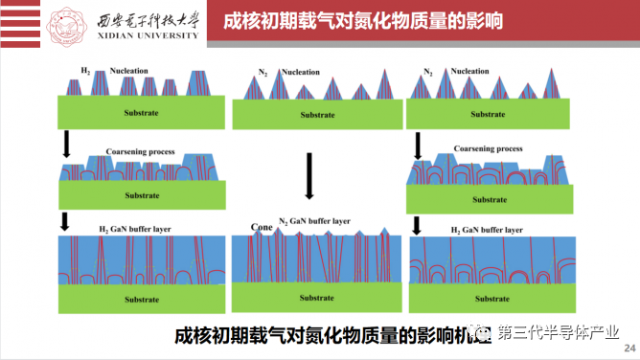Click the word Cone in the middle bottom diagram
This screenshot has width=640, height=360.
pyautogui.click(x=261, y=227)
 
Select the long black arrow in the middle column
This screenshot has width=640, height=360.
pyautogui.click(x=308, y=172)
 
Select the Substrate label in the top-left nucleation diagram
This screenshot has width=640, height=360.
pyautogui.click(x=142, y=113)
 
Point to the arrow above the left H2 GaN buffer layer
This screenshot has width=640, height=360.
pyautogui.click(x=65, y=221)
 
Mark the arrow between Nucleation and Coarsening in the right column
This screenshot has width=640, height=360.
pyautogui.click(x=418, y=146)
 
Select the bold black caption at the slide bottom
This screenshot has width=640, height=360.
pyautogui.click(x=326, y=335)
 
